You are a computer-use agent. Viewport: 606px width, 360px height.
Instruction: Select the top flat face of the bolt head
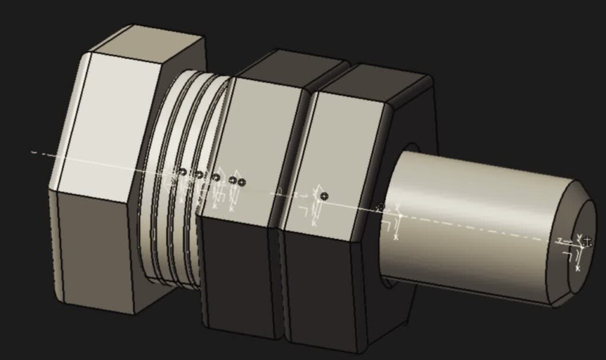click(x=148, y=41)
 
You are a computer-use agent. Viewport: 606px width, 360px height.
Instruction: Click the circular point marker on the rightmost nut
click(x=324, y=196)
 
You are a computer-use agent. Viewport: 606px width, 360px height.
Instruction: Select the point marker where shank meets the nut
click(x=381, y=207)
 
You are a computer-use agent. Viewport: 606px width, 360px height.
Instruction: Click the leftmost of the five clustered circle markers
click(x=182, y=172)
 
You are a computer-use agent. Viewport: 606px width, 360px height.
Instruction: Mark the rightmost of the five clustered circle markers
click(x=241, y=182)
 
